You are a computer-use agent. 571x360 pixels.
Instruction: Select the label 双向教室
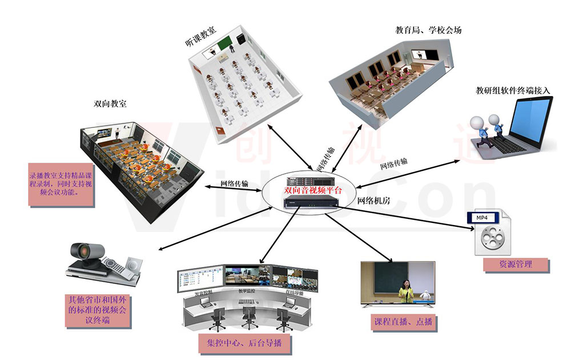[x=110, y=104]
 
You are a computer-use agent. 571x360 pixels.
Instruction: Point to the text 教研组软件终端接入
[x=513, y=90]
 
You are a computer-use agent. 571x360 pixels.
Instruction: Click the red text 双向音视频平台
[x=313, y=190]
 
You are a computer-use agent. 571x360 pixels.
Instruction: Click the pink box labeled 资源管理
[x=516, y=265]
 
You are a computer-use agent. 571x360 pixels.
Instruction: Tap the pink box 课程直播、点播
[x=403, y=321]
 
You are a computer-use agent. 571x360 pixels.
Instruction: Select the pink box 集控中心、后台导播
[x=244, y=344]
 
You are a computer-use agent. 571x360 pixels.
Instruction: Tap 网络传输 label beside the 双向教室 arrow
[x=234, y=184]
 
